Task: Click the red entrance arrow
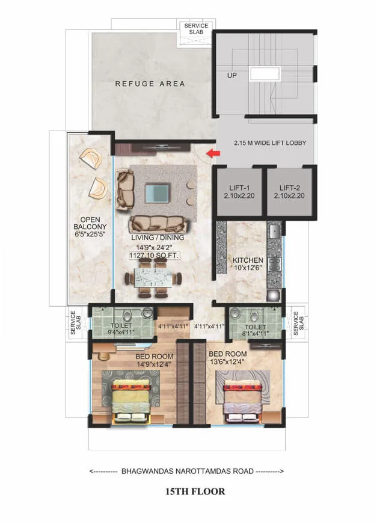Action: coord(213,153)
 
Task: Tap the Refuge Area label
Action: coord(150,84)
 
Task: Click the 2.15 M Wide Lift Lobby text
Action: coord(270,143)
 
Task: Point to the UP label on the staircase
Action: coord(232,75)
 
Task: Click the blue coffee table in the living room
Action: coord(157,194)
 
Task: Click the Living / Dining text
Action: coord(158,238)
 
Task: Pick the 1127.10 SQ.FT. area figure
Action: coord(155,256)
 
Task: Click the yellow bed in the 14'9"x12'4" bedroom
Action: coord(132,403)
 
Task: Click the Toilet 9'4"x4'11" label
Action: coord(121,328)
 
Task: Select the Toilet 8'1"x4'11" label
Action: coord(256,330)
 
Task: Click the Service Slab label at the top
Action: coord(197,29)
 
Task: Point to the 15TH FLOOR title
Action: coord(195,491)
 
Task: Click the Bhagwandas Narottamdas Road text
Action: coord(188,471)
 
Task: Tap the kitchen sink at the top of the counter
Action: coord(274,230)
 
